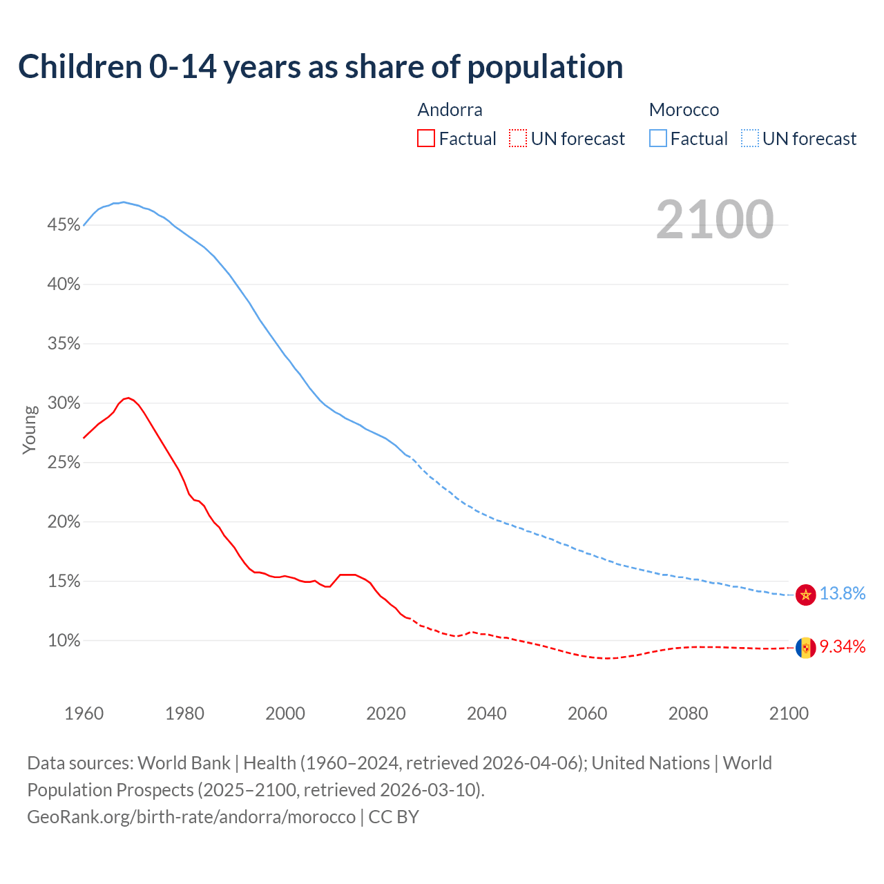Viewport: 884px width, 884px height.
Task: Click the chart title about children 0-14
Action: click(320, 67)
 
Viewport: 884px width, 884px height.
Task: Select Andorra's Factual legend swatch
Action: click(426, 139)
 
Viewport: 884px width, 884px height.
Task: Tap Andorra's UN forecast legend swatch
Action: click(518, 139)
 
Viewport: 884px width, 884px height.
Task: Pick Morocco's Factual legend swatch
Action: click(658, 139)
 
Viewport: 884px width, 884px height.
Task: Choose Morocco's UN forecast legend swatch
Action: click(750, 139)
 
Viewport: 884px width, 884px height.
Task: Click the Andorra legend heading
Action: click(450, 110)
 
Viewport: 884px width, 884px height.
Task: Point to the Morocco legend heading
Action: click(684, 110)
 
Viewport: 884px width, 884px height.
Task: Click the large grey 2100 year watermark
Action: click(714, 220)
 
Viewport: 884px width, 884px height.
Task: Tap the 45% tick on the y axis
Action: click(64, 225)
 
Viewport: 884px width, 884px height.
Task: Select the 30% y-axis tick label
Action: click(64, 403)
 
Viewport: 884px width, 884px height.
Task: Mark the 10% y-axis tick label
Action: click(64, 641)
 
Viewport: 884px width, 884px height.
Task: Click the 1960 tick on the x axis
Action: click(84, 713)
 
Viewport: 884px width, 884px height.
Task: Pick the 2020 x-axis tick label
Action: click(386, 713)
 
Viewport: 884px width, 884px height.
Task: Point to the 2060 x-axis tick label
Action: click(587, 713)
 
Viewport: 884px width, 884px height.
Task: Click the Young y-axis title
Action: click(30, 430)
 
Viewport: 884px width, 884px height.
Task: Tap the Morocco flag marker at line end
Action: click(805, 594)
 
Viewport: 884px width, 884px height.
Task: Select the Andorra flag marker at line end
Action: click(805, 648)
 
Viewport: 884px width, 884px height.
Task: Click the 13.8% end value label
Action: click(842, 594)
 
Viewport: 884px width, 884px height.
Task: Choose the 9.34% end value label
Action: click(842, 647)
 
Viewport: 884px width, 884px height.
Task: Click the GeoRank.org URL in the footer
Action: click(191, 817)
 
